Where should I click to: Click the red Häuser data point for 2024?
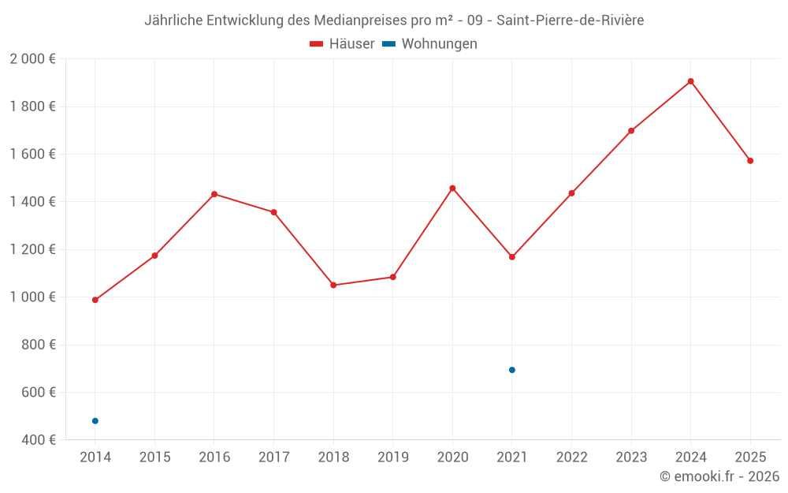690,81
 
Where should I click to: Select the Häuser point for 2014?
95,300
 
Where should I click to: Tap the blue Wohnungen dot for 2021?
512,370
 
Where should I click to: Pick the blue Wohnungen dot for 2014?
95,421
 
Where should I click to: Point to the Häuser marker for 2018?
333,285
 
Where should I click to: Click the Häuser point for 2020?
452,189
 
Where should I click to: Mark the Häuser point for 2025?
750,161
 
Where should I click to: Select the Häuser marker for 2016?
214,194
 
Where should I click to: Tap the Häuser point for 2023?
631,131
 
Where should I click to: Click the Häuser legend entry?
342,44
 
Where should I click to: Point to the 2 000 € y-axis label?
32,59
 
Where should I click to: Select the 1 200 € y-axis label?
32,249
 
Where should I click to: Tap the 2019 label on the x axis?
393,458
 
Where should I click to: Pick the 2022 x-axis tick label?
571,458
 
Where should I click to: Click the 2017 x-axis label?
273,458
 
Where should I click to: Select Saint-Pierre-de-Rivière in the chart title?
571,21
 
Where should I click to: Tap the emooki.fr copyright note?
719,476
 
